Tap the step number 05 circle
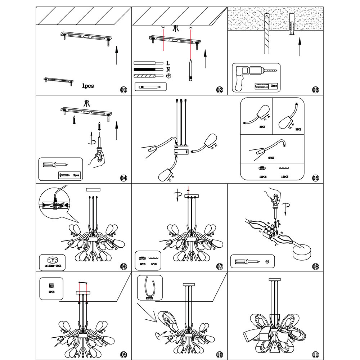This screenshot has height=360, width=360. tap(316, 177)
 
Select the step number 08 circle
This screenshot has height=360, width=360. tap(316, 267)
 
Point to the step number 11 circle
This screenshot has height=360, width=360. tap(316, 355)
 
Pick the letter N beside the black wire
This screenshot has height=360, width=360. tap(168, 69)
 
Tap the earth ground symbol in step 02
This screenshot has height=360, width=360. tap(168, 76)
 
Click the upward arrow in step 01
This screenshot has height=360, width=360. tap(116, 55)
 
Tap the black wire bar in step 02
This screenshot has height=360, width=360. tap(144, 69)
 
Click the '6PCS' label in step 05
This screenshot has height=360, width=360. tap(271, 158)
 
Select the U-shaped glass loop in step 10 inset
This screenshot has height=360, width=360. tap(148, 286)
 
